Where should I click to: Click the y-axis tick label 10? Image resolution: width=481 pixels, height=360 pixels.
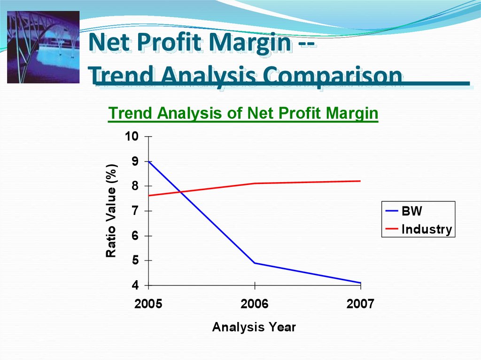[132, 136]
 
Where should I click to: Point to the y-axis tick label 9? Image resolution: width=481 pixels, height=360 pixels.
[135, 161]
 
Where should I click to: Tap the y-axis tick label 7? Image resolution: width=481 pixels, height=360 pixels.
[135, 211]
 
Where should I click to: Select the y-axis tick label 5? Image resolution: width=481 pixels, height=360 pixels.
[135, 260]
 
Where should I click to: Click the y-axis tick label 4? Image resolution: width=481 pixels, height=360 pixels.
[135, 285]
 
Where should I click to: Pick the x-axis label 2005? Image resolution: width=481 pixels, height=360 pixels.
[148, 304]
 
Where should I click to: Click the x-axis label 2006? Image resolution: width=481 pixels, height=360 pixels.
[254, 304]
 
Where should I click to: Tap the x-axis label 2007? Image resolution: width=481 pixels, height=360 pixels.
[360, 304]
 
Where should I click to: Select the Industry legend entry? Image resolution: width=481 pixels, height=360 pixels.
[419, 229]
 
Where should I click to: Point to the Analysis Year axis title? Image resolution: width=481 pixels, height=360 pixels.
[254, 327]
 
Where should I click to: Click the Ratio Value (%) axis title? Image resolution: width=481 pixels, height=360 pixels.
[111, 211]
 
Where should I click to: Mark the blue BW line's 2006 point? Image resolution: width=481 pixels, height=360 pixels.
[255, 263]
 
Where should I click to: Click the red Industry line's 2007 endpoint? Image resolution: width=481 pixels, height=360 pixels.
[360, 181]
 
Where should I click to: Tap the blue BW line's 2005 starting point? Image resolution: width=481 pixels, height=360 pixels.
[149, 161]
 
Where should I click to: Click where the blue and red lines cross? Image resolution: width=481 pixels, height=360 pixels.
[181, 192]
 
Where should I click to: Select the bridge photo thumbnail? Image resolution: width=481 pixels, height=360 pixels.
[43, 47]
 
